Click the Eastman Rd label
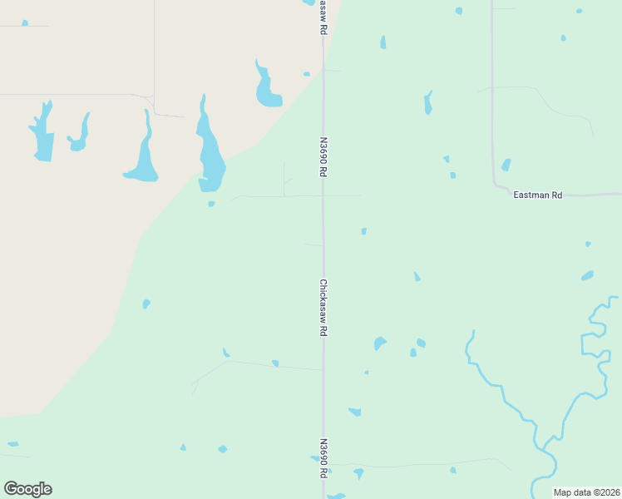538,195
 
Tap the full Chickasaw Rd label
323,307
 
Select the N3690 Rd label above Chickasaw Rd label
322,157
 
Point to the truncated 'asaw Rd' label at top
323,17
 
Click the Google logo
27,489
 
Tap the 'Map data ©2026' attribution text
587,492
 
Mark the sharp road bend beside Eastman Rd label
496,185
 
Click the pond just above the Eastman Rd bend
506,165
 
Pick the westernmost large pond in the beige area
42,133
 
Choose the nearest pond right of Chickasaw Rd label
380,343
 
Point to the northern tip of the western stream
472,332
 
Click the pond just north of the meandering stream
588,275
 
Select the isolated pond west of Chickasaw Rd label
146,304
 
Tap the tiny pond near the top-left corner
25,23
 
